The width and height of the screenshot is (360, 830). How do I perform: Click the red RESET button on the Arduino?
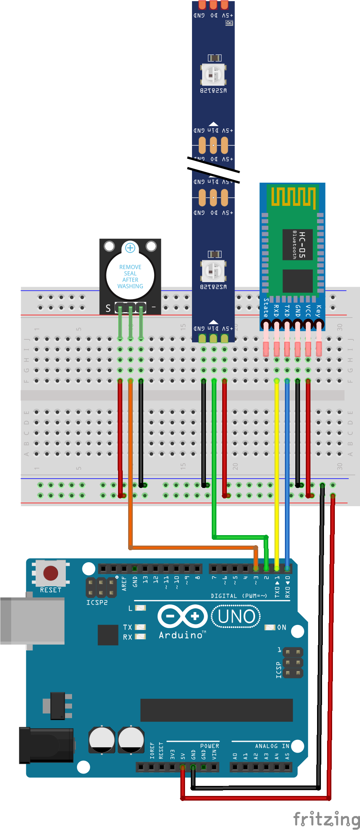point(51,573)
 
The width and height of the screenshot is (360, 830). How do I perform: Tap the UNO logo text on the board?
point(236,616)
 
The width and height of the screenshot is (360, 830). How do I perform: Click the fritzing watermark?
point(326,819)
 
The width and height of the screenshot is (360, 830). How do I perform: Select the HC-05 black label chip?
point(297,245)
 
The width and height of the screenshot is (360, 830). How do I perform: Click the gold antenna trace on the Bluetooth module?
point(293,197)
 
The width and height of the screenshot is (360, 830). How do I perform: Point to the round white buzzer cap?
point(130,275)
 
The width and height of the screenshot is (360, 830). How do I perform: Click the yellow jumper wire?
point(276,464)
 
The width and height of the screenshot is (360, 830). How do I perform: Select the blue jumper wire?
point(287,464)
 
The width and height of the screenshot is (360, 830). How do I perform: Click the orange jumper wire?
point(130,464)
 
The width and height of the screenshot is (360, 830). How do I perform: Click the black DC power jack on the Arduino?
point(46,744)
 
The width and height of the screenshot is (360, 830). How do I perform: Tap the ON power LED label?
point(281,627)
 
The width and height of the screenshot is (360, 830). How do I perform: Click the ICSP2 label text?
point(97,602)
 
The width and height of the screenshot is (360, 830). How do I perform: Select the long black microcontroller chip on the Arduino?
point(216,710)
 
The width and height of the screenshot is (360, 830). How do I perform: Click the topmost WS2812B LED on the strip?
point(213,74)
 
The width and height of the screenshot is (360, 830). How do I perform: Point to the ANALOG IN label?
point(272,746)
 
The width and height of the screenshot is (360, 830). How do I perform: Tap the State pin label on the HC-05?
point(266,308)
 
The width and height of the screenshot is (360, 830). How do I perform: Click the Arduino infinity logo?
point(182,616)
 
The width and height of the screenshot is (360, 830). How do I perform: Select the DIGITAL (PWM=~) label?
point(239,596)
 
